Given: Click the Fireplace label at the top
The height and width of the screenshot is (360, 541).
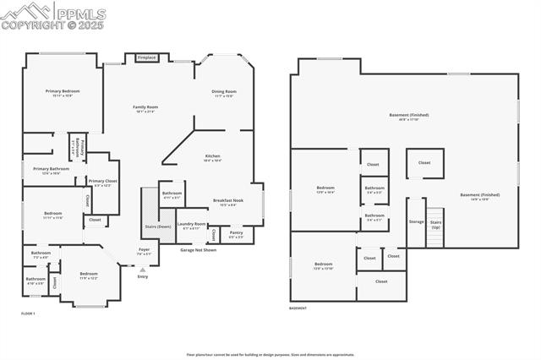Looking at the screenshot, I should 146,57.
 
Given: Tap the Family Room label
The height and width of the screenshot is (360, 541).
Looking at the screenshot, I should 146,107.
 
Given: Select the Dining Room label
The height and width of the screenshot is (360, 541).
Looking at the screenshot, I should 224,91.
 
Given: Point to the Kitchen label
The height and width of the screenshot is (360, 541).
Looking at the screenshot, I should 213,156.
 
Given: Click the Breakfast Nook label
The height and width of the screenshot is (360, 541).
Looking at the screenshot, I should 228,200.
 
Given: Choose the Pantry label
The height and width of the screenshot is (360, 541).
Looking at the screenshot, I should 236,232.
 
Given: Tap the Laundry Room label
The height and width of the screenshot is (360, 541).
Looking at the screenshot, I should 191,225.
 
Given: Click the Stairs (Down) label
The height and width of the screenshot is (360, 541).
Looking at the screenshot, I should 158,226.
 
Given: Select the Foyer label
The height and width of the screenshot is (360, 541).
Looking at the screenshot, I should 145,249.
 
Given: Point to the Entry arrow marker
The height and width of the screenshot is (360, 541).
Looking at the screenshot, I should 142,270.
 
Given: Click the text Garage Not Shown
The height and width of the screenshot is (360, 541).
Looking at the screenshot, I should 198,250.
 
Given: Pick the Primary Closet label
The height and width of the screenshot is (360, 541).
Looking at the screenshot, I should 102,181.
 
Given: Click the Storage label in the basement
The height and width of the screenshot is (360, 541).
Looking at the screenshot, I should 416,221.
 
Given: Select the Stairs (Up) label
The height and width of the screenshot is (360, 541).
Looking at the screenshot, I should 436,226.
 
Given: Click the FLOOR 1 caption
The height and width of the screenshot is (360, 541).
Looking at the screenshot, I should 29,314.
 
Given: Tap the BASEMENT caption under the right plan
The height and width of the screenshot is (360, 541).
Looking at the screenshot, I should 298,308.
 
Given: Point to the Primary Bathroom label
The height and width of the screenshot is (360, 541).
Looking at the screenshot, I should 51,169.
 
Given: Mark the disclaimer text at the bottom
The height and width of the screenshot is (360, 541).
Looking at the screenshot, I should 270,355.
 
